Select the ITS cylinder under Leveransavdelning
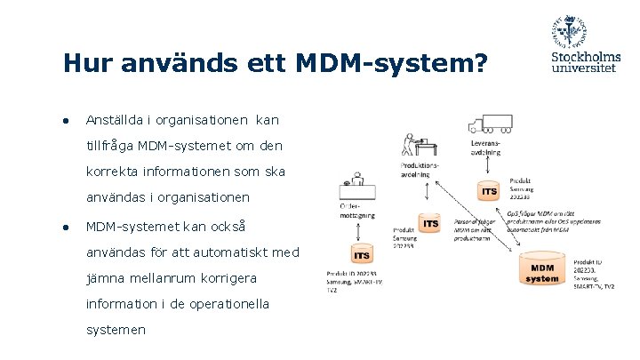pyautogui.click(x=488, y=190)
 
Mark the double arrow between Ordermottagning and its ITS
pyautogui.click(x=357, y=231)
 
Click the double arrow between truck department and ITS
pyautogui.click(x=488, y=167)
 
